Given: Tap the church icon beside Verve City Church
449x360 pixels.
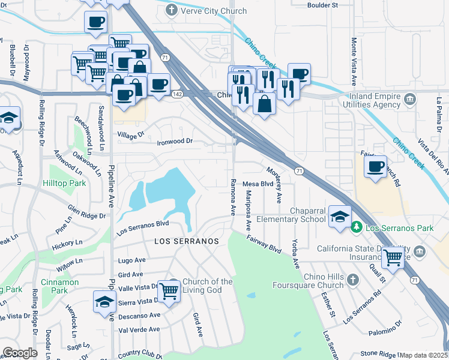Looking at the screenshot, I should (x=172, y=11).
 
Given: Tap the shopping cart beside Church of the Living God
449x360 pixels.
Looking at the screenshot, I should (x=170, y=290).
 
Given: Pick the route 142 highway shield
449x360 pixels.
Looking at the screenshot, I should (x=177, y=94).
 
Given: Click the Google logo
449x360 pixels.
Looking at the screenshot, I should (x=20, y=353).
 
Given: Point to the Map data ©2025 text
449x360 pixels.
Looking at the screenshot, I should (x=423, y=355).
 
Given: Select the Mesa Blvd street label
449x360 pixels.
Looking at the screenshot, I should (x=258, y=184).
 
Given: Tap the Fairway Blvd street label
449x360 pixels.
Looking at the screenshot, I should (x=264, y=243).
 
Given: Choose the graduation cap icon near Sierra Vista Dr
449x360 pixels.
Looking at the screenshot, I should (x=104, y=302).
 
